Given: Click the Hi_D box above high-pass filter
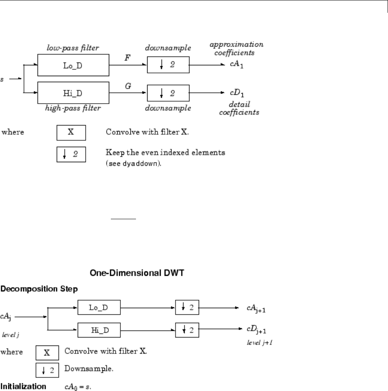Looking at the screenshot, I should pyautogui.click(x=73, y=93).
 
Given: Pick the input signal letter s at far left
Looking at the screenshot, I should pyautogui.click(x=2, y=79).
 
